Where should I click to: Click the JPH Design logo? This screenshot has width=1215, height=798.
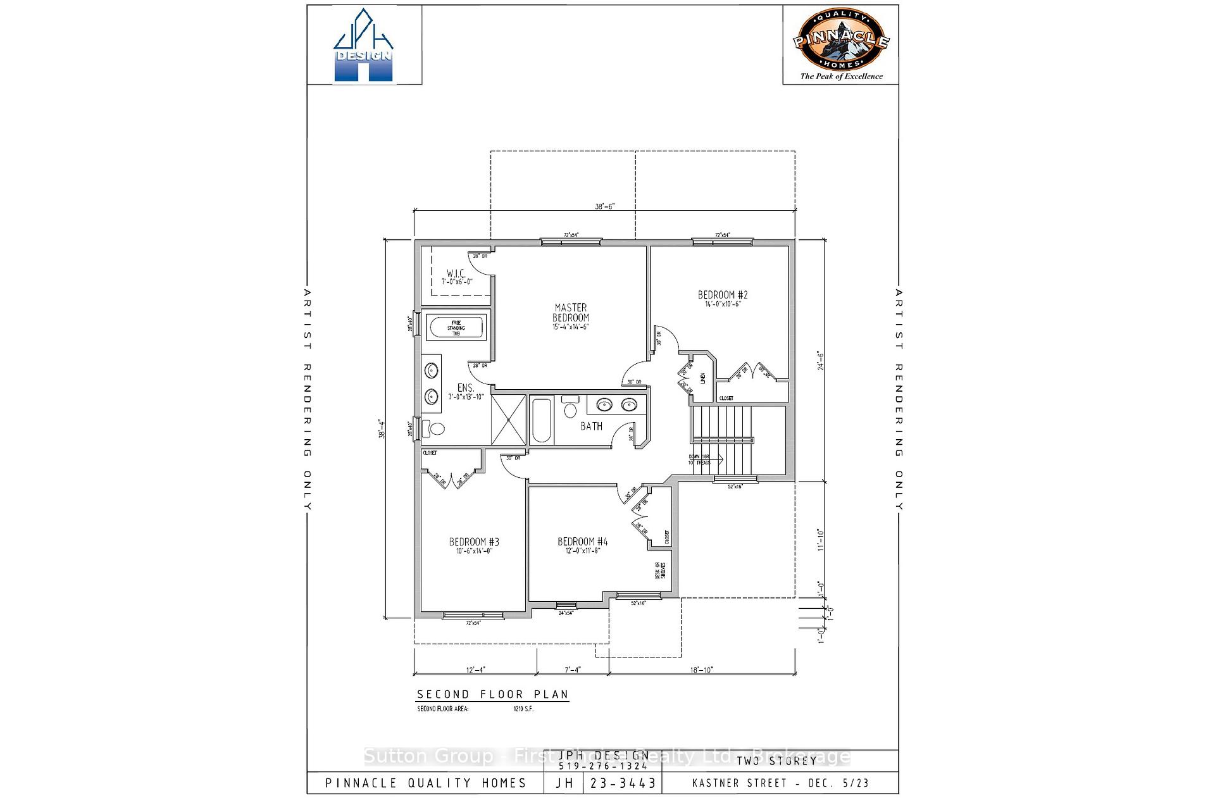click(x=363, y=46)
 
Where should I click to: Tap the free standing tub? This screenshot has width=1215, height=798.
click(x=456, y=328)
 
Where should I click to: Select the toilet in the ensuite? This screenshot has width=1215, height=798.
click(x=434, y=428)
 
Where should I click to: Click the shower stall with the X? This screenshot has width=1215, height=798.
click(x=509, y=420)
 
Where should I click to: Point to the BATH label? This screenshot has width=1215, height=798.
click(x=591, y=427)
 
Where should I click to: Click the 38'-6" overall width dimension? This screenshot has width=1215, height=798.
click(x=605, y=206)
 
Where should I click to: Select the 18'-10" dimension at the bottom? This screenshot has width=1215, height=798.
click(x=701, y=670)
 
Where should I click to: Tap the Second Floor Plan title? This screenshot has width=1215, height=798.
click(x=492, y=694)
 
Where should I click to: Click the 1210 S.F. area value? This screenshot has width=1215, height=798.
click(x=523, y=709)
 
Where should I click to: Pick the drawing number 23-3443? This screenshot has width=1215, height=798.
click(x=622, y=783)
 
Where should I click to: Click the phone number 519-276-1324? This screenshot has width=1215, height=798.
click(x=602, y=766)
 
